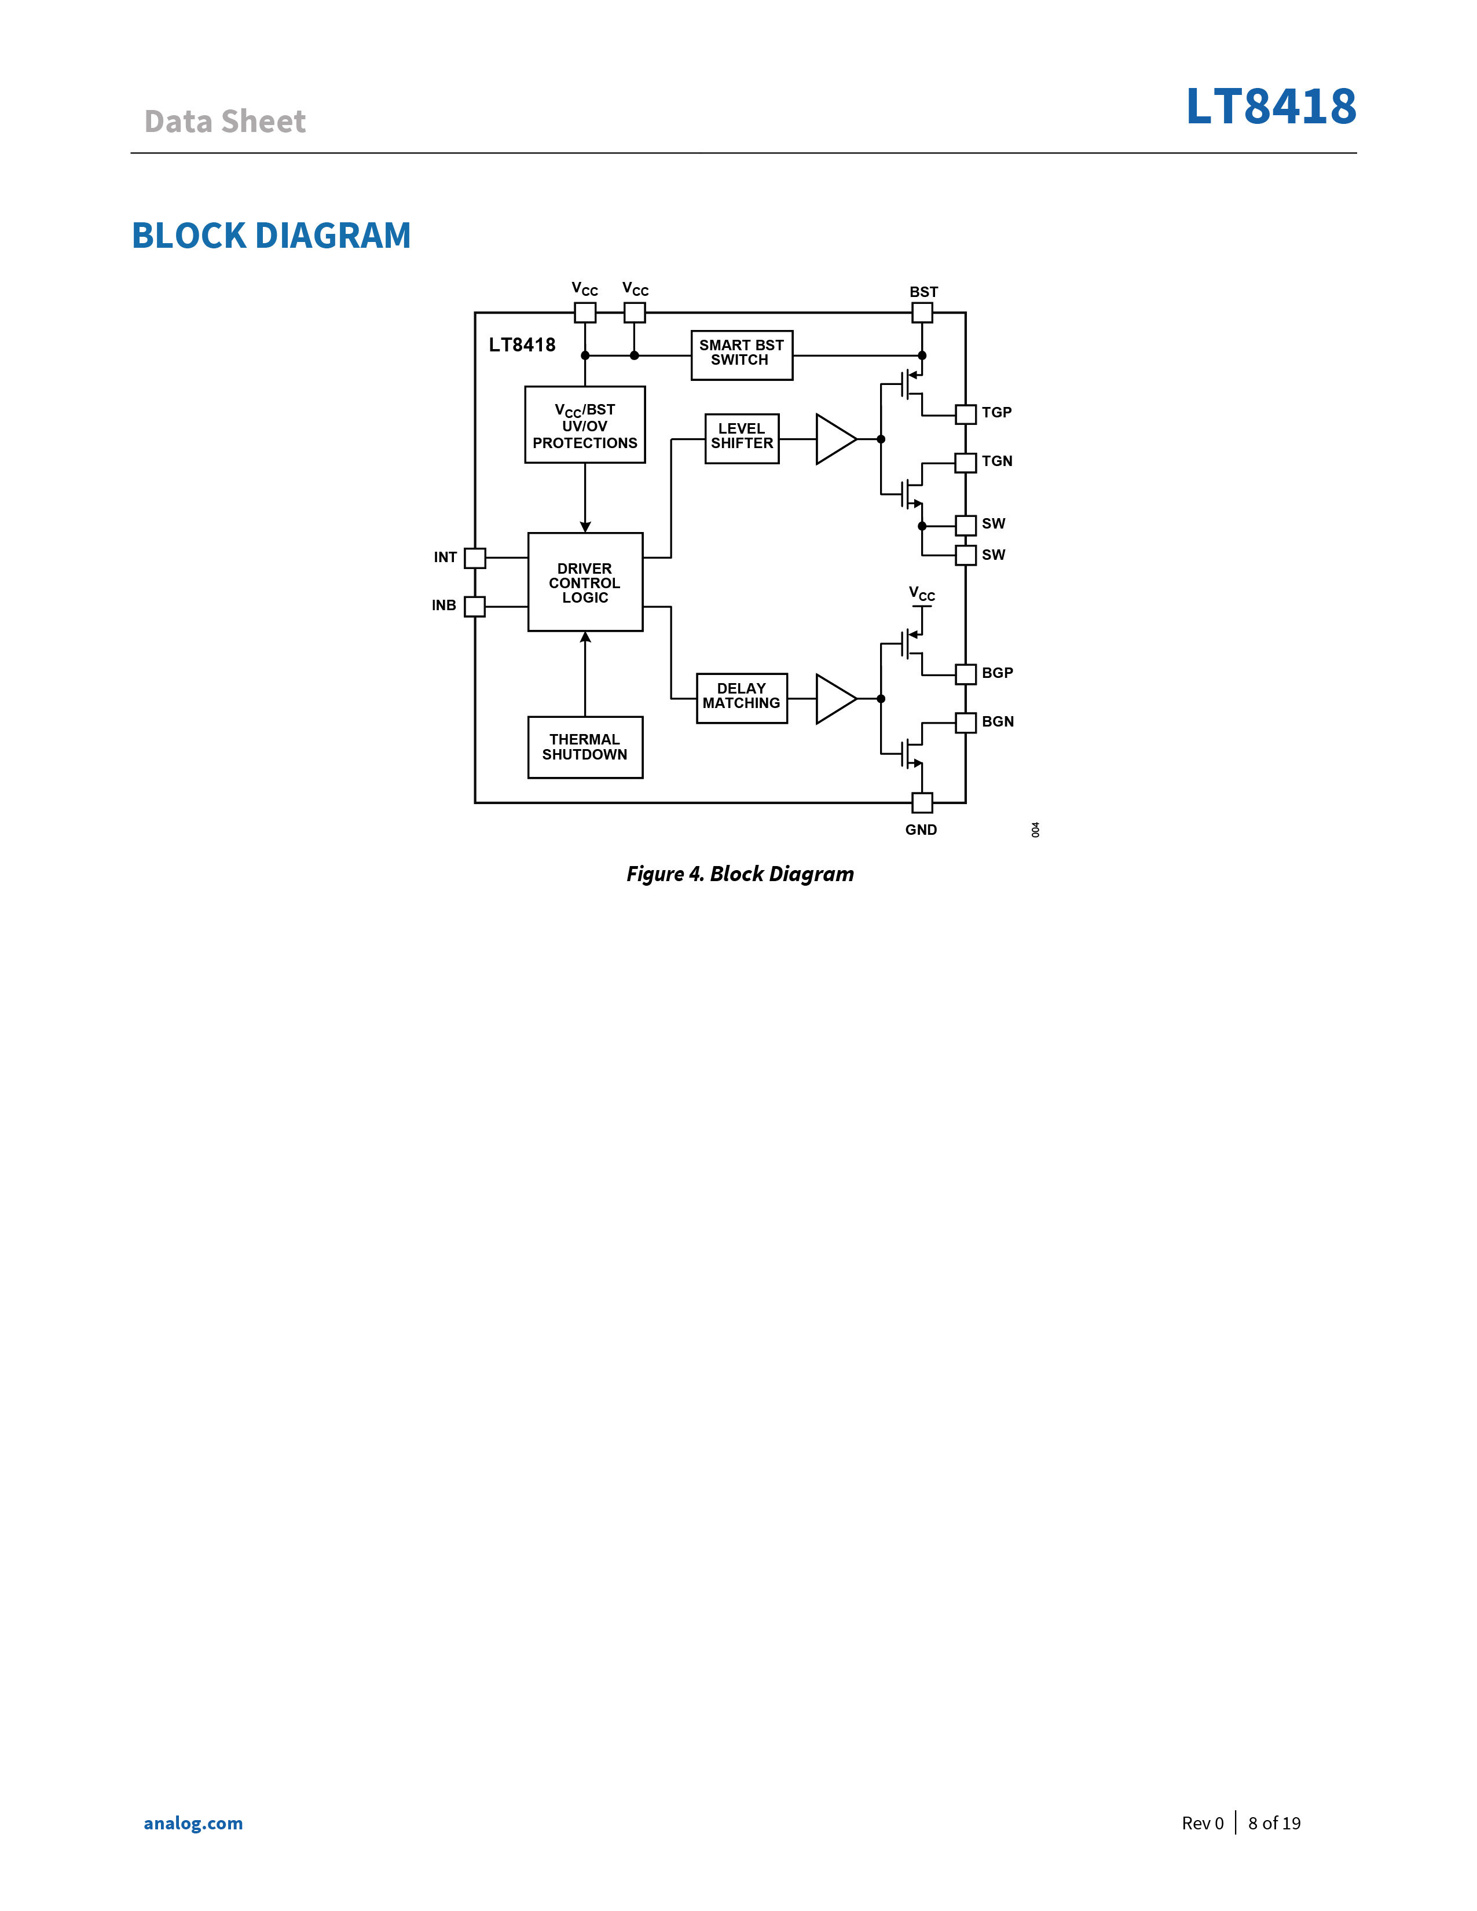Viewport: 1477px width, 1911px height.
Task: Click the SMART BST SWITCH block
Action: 741,355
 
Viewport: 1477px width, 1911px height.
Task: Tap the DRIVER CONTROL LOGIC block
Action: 585,582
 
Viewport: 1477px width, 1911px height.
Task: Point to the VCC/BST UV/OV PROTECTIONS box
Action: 585,424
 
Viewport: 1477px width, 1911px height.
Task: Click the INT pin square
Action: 474,557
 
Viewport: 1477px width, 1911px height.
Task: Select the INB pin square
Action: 474,606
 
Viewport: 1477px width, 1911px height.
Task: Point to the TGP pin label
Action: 996,412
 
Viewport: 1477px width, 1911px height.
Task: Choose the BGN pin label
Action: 998,722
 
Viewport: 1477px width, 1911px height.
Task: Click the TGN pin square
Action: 965,462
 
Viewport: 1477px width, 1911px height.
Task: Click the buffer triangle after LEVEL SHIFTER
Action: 835,438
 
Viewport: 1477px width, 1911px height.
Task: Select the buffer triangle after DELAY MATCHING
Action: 835,698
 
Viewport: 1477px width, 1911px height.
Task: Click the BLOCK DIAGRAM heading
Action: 271,236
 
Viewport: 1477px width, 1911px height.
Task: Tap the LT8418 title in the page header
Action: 1270,106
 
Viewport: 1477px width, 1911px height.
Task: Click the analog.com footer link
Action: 193,1822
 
